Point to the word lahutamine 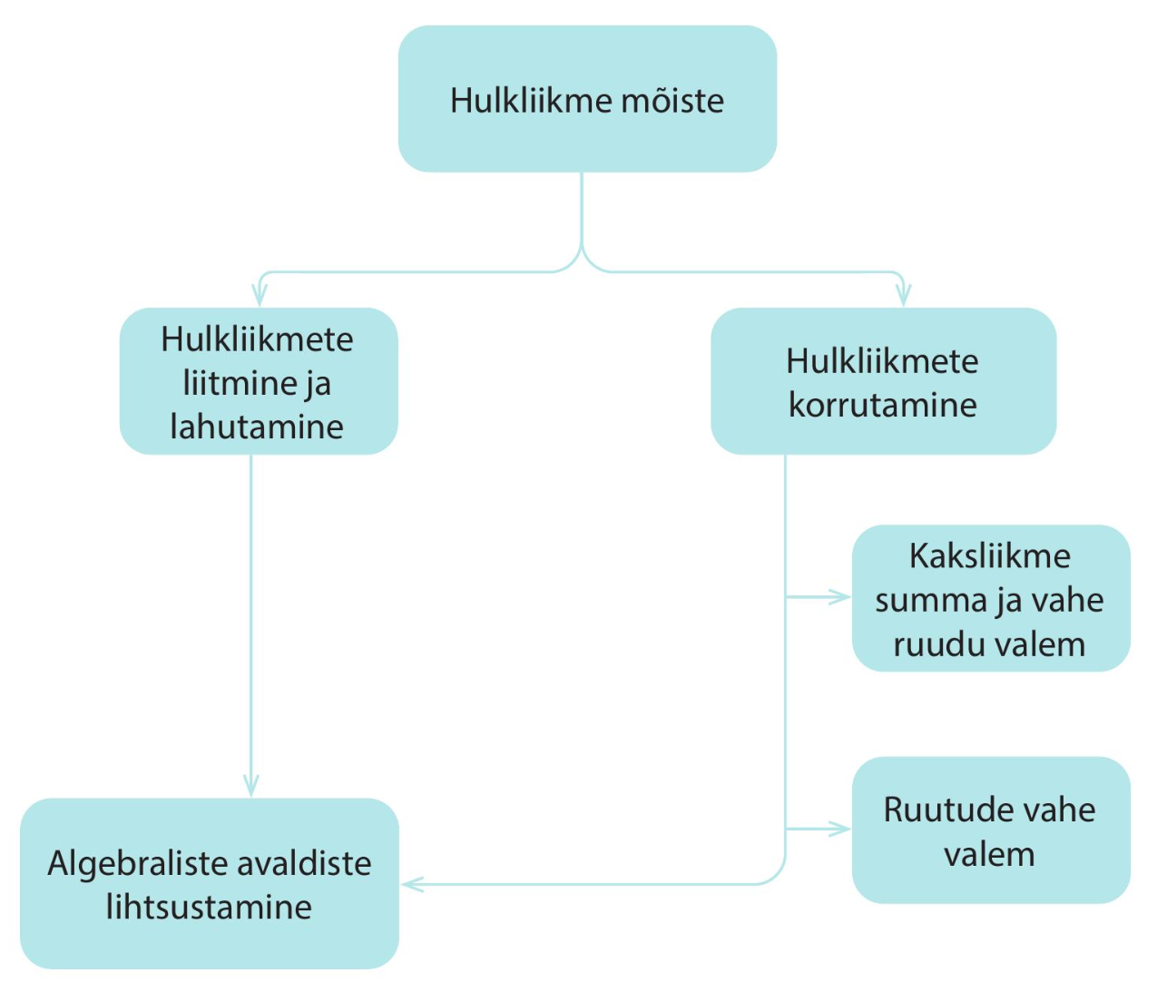(257, 427)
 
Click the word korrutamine (883, 405)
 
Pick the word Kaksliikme (990, 556)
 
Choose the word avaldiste (303, 864)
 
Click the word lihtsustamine (209, 908)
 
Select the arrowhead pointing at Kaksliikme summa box (839, 597)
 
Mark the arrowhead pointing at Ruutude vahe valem (839, 830)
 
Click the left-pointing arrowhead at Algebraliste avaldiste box (413, 885)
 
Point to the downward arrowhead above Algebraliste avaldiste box (251, 786)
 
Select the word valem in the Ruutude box (990, 854)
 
